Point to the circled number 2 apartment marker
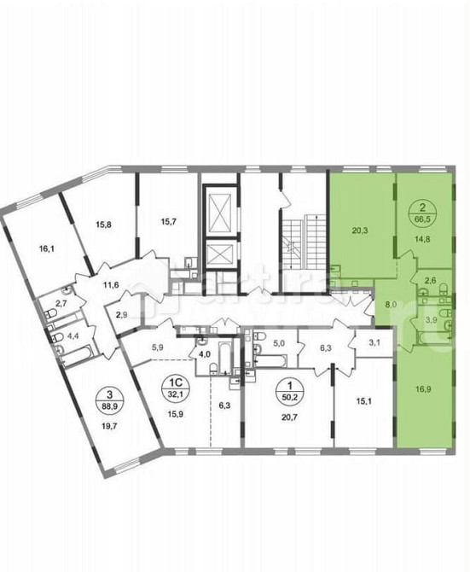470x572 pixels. tap(421, 206)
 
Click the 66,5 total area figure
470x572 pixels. tap(421, 219)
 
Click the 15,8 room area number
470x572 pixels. tap(104, 225)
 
